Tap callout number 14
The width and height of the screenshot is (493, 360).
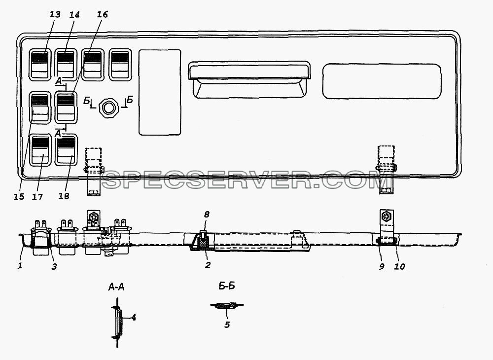[74, 15]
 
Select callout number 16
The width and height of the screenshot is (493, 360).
[102, 14]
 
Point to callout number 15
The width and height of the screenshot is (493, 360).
[19, 196]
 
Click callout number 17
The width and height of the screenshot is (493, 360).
[37, 197]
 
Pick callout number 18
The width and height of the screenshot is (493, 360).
[64, 196]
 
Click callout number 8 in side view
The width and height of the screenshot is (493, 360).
[206, 215]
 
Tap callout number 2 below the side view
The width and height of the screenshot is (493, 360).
[208, 265]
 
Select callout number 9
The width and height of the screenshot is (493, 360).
[382, 267]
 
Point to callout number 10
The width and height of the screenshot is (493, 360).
[399, 267]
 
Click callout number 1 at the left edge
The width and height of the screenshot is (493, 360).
[20, 266]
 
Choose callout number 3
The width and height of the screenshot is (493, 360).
[54, 267]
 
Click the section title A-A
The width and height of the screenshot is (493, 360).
[116, 287]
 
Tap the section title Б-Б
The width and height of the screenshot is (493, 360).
[227, 286]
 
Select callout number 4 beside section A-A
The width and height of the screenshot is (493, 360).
[134, 317]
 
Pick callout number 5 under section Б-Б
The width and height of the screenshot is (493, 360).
[227, 324]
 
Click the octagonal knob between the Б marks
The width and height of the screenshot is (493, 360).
[108, 108]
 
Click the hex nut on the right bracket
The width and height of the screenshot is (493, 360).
[386, 216]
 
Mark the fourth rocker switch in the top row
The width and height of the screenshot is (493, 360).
[120, 64]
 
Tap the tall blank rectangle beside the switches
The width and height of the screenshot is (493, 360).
[160, 92]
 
